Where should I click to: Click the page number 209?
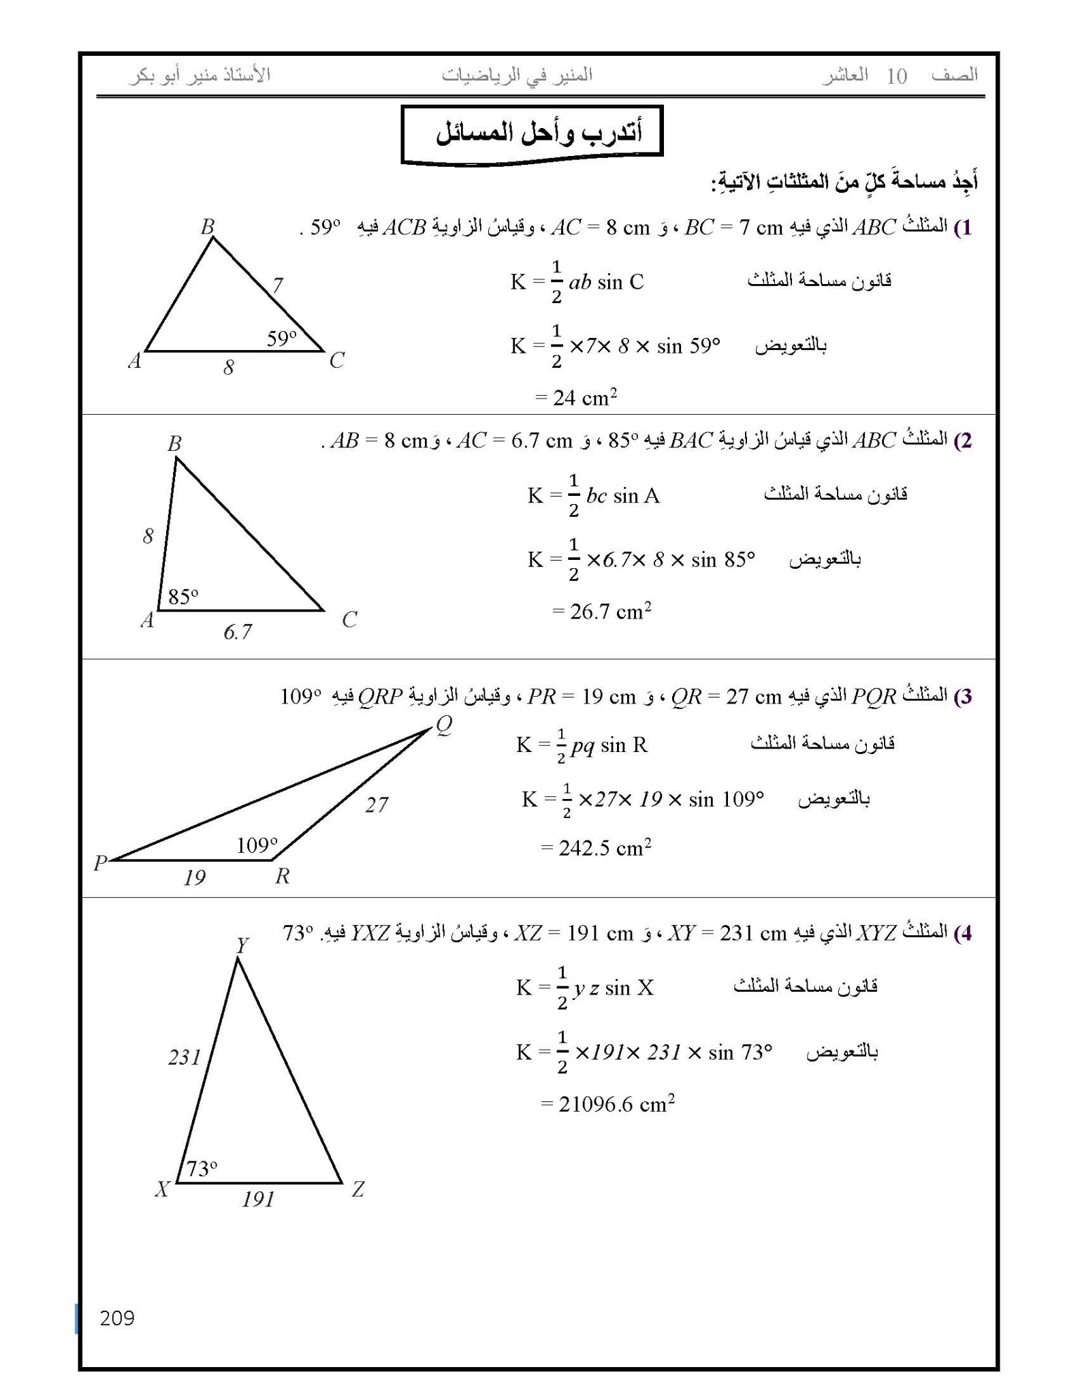tap(117, 1318)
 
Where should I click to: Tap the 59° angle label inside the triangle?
tap(281, 338)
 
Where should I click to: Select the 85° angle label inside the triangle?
tap(183, 597)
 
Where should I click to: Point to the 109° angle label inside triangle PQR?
tap(257, 845)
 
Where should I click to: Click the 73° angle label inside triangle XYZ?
tap(202, 1169)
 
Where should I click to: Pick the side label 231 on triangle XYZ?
tap(185, 1058)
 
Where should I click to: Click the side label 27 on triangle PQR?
tap(376, 805)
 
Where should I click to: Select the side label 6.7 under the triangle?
tap(237, 632)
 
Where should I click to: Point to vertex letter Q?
tap(443, 725)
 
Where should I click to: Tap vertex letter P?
tap(100, 863)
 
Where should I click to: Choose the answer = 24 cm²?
tap(576, 397)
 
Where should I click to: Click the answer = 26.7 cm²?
tap(601, 611)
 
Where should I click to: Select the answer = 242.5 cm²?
tap(596, 848)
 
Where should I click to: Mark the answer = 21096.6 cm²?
tap(607, 1104)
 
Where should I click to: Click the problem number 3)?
tap(962, 696)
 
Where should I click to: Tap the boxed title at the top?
tap(532, 134)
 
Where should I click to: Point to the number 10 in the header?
tap(896, 76)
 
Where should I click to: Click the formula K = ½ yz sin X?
tap(584, 988)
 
